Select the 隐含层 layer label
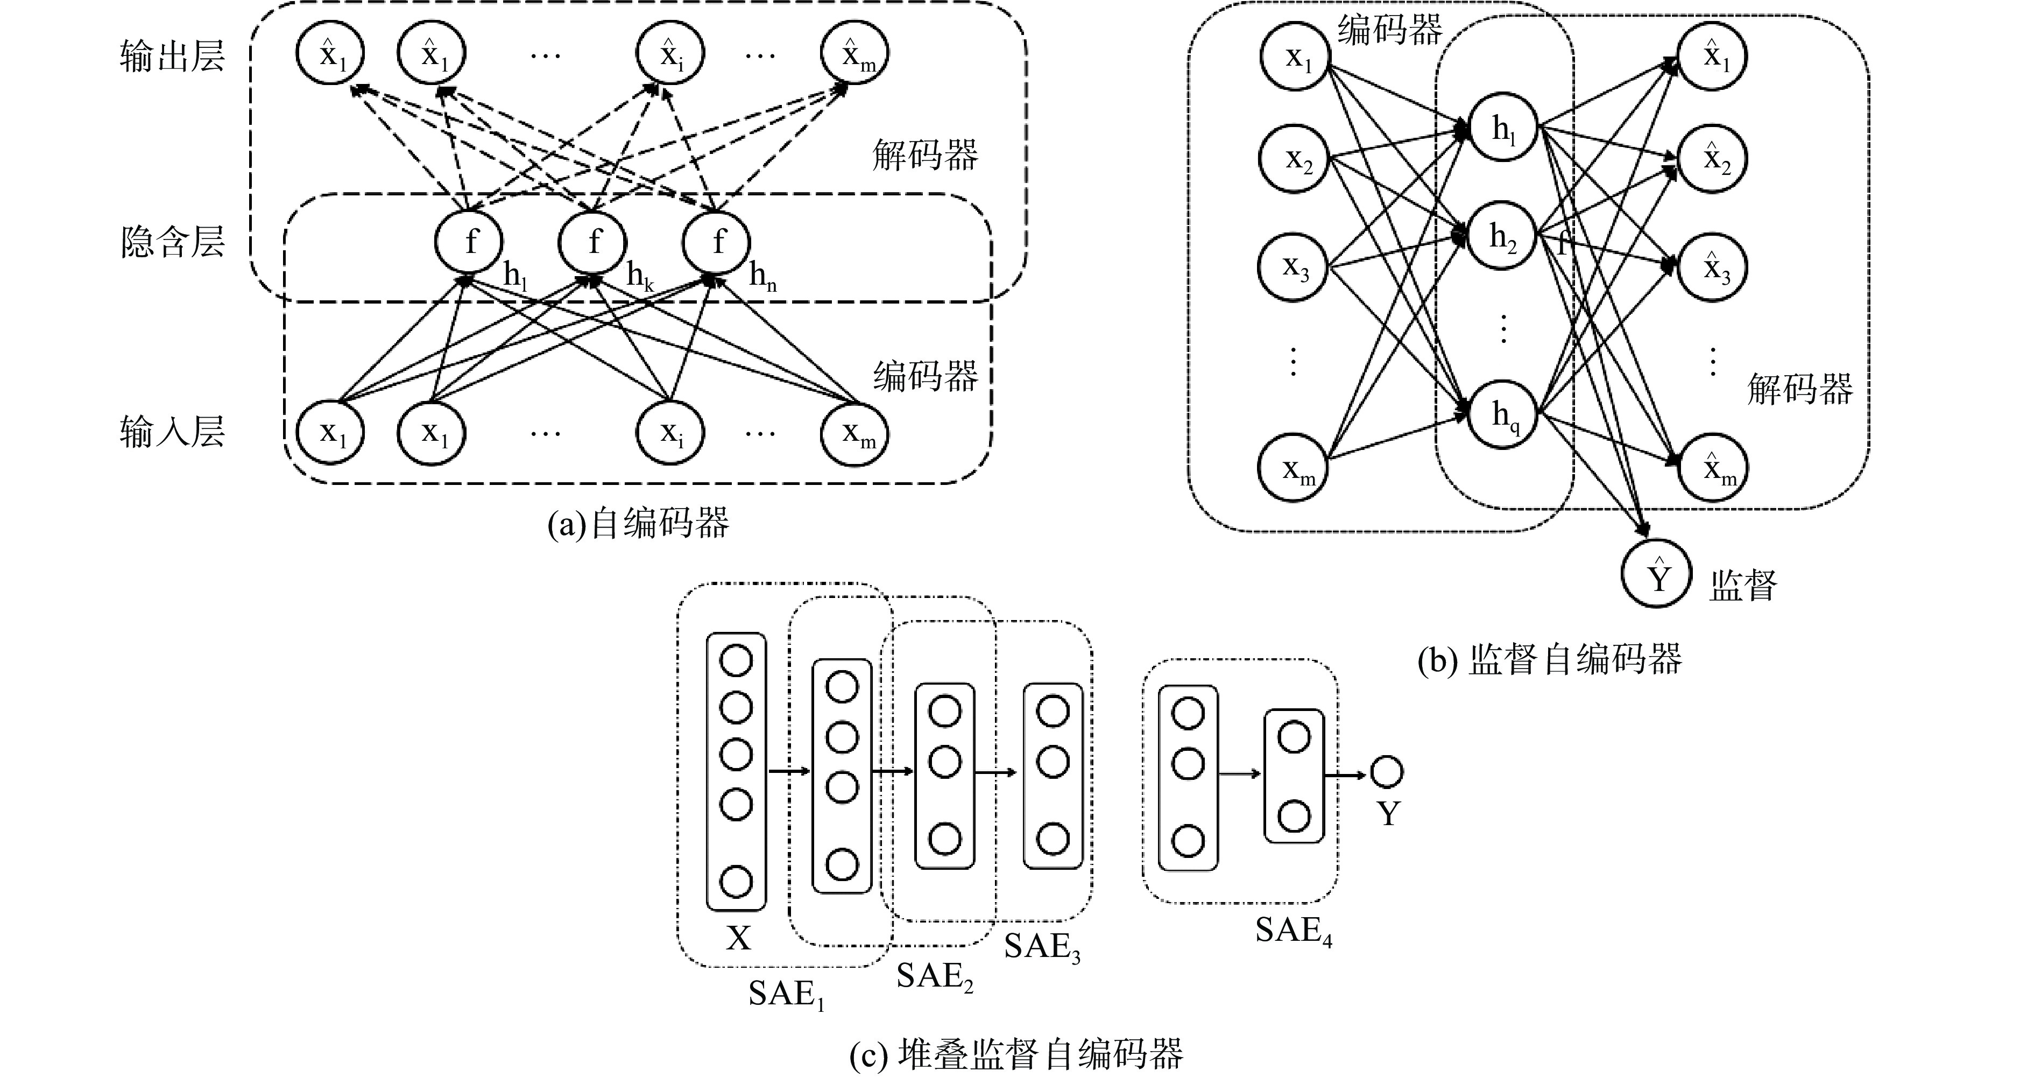(x=172, y=242)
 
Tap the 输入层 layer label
(x=172, y=432)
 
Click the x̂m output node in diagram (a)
(x=854, y=54)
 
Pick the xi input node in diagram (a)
(x=670, y=433)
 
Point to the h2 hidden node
(x=1502, y=236)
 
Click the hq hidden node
(x=1503, y=414)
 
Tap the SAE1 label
(x=786, y=993)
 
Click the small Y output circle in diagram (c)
(x=1387, y=772)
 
